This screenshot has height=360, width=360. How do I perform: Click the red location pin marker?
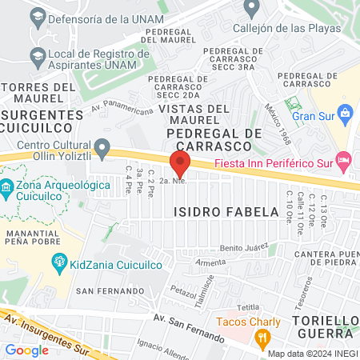[181, 165]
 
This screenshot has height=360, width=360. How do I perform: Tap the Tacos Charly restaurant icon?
[261, 339]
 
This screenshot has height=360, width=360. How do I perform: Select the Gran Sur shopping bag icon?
[345, 112]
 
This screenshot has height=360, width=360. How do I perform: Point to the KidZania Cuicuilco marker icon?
[58, 262]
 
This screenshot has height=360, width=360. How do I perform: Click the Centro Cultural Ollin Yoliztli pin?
[102, 148]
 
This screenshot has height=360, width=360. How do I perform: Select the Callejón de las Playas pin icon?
[252, 8]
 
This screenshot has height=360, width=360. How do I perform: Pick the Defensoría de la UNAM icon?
[36, 16]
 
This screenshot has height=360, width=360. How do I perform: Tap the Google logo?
[26, 350]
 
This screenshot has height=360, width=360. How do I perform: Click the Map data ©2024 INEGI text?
[312, 354]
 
